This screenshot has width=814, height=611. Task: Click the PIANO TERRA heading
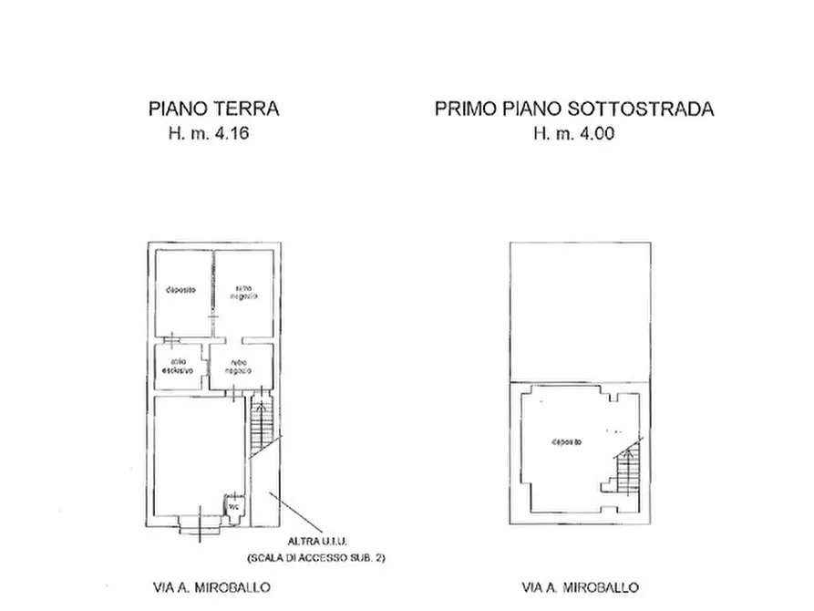213,109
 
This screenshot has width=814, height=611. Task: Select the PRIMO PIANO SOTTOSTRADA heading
574,109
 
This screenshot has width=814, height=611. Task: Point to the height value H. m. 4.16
208,133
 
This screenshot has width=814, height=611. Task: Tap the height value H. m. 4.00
574,133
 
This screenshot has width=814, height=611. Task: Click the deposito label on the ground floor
181,290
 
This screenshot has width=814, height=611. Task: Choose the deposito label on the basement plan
566,442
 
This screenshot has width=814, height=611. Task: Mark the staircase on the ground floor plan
261,425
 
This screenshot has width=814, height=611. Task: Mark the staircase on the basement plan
627,472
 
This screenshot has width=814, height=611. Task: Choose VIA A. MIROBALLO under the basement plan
580,588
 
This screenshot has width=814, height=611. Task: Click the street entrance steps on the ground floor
198,523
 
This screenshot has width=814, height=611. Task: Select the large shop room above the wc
199,447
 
